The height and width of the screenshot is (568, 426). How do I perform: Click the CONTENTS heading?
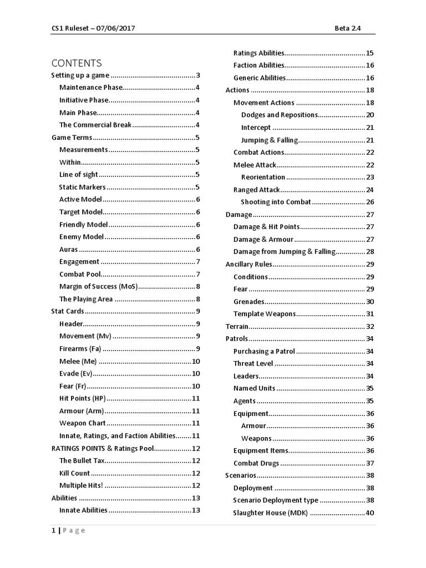[x=77, y=63]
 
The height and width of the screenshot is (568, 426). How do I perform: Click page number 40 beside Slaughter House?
[x=370, y=513]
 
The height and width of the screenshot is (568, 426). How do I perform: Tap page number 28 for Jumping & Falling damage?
[x=370, y=252]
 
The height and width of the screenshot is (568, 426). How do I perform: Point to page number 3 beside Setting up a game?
[x=197, y=75]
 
